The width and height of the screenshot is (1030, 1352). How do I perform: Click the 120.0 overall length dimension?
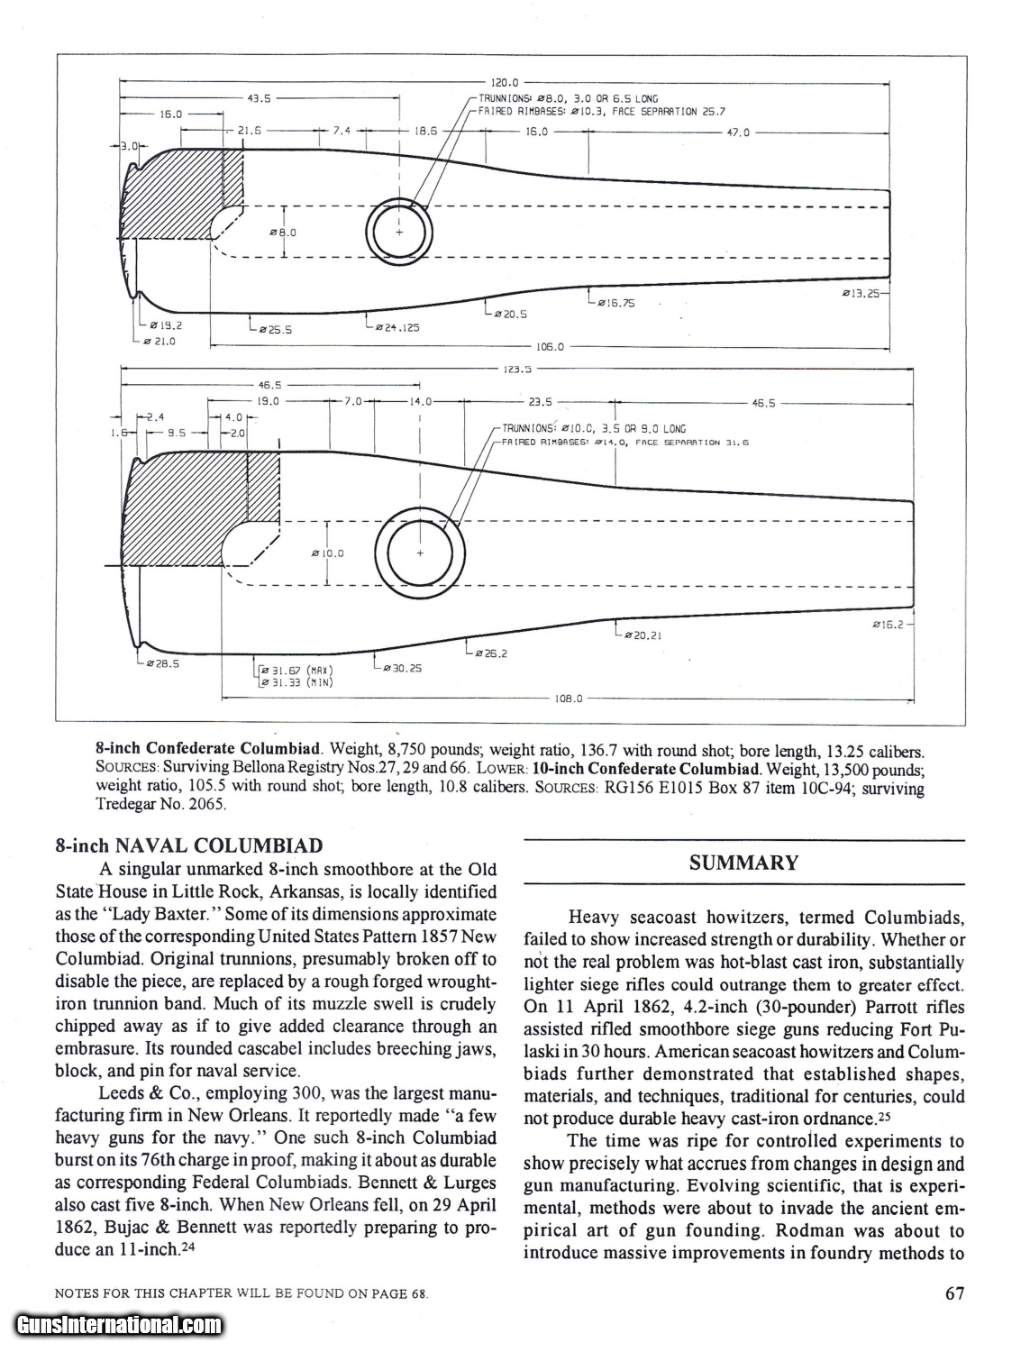(x=500, y=81)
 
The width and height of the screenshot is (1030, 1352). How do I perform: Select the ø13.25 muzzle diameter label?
(x=862, y=293)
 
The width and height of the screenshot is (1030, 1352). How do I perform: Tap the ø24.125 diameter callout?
(x=397, y=327)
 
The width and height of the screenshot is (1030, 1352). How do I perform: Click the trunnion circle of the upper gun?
(x=400, y=227)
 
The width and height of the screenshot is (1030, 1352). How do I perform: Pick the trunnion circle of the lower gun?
(x=420, y=553)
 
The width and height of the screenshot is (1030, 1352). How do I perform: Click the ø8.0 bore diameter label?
(x=283, y=233)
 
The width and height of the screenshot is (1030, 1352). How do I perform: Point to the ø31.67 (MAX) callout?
(x=296, y=670)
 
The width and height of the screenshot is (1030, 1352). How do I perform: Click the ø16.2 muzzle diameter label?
(x=892, y=624)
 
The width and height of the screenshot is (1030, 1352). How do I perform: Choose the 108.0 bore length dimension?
(x=571, y=698)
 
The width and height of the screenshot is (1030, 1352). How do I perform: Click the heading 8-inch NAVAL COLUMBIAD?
(x=188, y=845)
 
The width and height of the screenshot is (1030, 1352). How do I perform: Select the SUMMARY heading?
(x=743, y=863)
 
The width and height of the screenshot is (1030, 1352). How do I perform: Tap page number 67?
(x=955, y=1293)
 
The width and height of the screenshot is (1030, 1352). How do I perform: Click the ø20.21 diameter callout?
(x=642, y=635)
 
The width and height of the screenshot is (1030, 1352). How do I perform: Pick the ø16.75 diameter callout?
(x=615, y=303)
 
